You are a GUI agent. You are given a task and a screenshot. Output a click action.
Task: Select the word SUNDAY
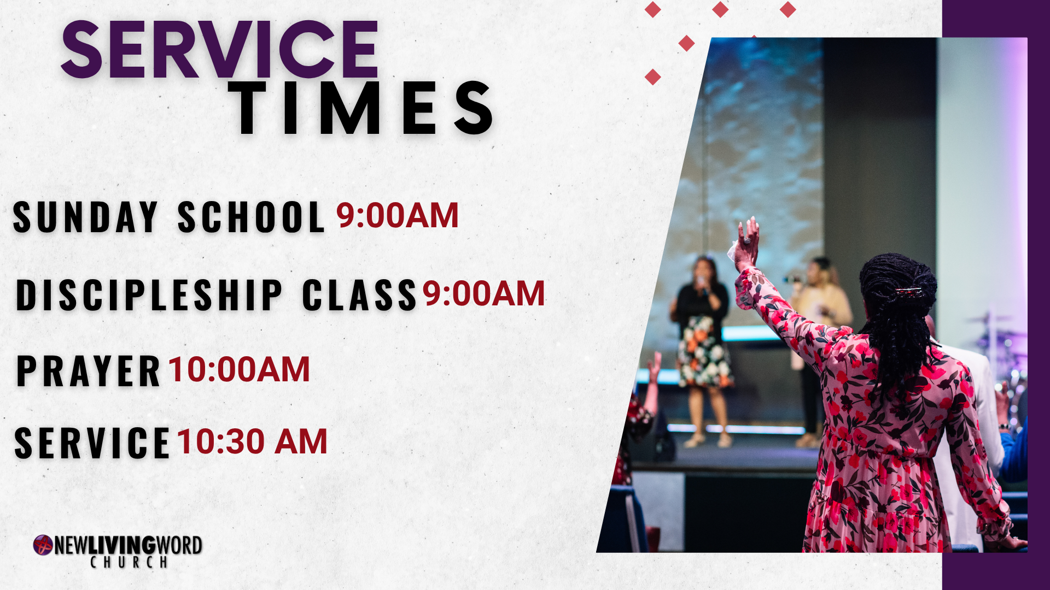pos(85,217)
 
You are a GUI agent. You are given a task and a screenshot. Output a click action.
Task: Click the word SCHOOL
pos(251,217)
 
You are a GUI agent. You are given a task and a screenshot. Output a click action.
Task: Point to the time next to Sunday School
pos(397,215)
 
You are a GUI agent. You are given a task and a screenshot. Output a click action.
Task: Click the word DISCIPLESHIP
pos(149,295)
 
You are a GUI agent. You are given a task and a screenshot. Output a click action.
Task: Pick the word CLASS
pos(359,295)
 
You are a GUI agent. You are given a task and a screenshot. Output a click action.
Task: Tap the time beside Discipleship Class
pos(483,293)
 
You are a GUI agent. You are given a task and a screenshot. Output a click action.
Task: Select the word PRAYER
pos(88,371)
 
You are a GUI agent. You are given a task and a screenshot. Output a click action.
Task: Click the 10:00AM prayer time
pos(239,369)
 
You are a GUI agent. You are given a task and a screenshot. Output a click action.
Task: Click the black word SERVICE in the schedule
pos(92,443)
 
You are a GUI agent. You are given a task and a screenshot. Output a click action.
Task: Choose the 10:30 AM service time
pos(252,441)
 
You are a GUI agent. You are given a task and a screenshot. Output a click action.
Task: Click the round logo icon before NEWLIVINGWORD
pos(43,545)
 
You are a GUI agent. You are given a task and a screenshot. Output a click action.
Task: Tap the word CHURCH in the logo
pos(129,562)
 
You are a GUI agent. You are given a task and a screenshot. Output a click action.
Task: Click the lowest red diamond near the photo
pos(652,76)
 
